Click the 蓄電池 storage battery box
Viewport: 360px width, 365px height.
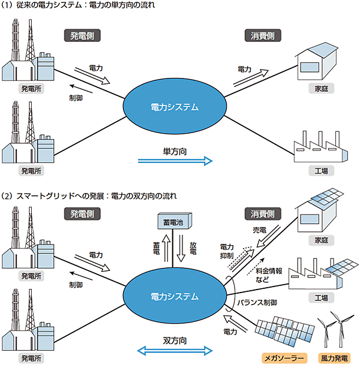click(x=175, y=222)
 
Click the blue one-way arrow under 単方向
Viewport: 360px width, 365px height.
click(x=175, y=161)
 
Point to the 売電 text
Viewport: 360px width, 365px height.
click(x=259, y=230)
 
